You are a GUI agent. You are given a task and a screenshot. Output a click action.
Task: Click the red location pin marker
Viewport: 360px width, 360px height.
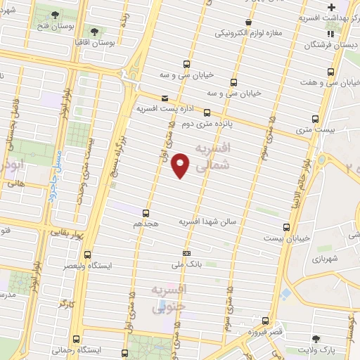tap(181, 165)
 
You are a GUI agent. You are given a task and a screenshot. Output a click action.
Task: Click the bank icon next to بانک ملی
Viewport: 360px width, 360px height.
tap(186, 253)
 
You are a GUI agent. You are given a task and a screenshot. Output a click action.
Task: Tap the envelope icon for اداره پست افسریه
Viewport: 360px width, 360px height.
tap(165, 98)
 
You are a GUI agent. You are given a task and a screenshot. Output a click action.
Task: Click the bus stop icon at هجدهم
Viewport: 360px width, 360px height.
tap(146, 212)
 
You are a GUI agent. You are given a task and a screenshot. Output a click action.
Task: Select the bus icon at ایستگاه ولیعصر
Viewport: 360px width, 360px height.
tap(87, 255)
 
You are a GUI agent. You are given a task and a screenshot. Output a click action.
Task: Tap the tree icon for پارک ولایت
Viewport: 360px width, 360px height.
tap(325, 338)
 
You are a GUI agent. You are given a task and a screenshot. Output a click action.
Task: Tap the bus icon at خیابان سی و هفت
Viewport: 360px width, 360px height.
tap(331, 72)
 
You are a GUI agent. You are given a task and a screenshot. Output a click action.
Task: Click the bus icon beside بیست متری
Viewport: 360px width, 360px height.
tap(315, 119)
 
